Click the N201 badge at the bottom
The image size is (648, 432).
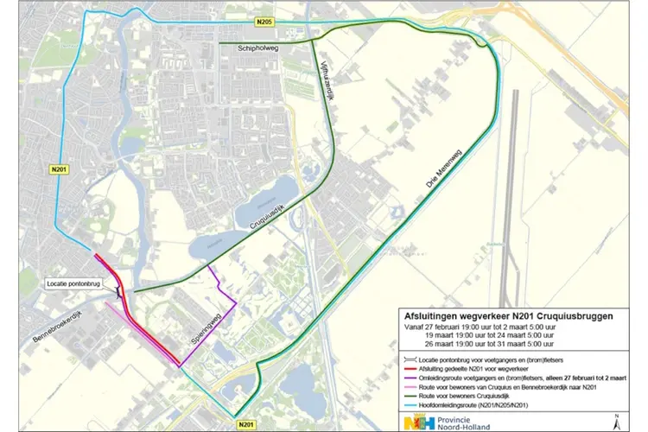click(x=245, y=423)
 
